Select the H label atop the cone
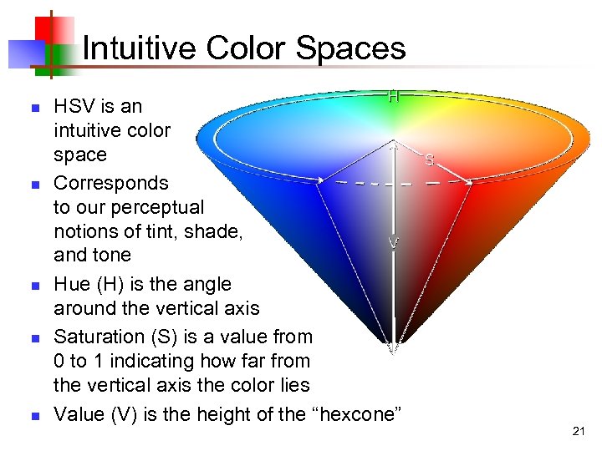[x=394, y=96]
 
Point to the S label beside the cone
[x=428, y=159]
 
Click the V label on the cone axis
[x=392, y=244]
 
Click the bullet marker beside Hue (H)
[x=33, y=286]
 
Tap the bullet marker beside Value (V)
[x=33, y=415]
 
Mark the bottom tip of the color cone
[x=391, y=351]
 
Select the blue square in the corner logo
[x=19, y=53]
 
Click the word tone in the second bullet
[x=112, y=254]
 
